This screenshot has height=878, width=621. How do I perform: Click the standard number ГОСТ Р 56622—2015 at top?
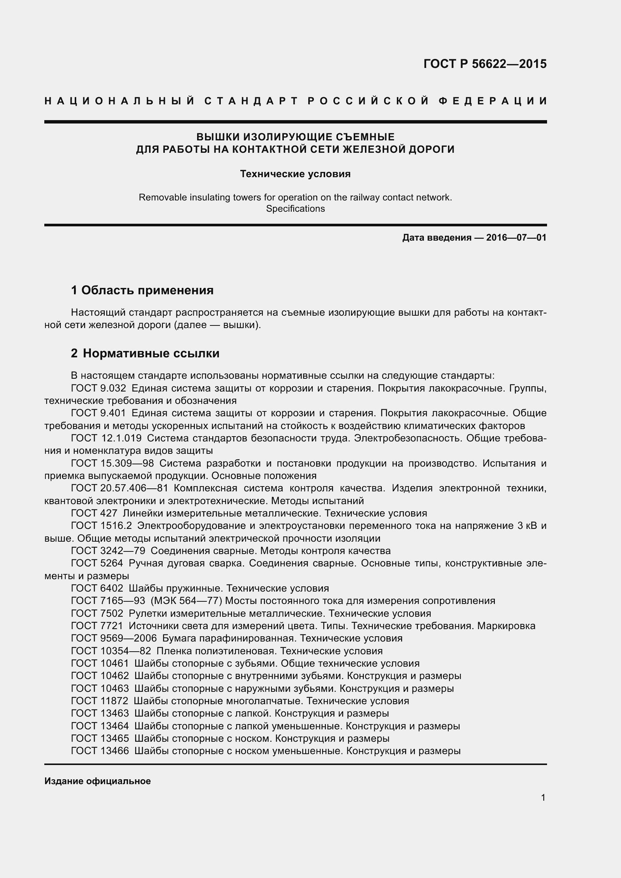pyautogui.click(x=485, y=64)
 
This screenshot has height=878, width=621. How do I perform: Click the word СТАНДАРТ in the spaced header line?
pyautogui.click(x=251, y=101)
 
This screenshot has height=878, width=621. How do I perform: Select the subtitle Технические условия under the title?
pyautogui.click(x=295, y=174)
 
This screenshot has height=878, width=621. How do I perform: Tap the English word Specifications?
pyautogui.click(x=295, y=209)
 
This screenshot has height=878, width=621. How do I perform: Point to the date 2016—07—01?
pyautogui.click(x=516, y=238)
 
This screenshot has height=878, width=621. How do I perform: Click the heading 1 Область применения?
pyautogui.click(x=142, y=290)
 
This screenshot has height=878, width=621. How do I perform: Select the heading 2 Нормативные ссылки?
pyautogui.click(x=145, y=353)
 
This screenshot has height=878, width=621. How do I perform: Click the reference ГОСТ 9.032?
pyautogui.click(x=98, y=388)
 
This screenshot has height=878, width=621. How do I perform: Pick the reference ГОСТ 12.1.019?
pyautogui.click(x=106, y=438)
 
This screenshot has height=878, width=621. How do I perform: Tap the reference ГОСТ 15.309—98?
pyautogui.click(x=112, y=464)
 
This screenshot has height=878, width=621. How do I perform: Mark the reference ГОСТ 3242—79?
pyautogui.click(x=108, y=551)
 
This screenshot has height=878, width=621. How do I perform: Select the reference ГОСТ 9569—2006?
pyautogui.click(x=114, y=639)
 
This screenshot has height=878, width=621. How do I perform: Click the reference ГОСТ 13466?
pyautogui.click(x=100, y=751)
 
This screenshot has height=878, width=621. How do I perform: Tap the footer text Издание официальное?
pyautogui.click(x=98, y=781)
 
